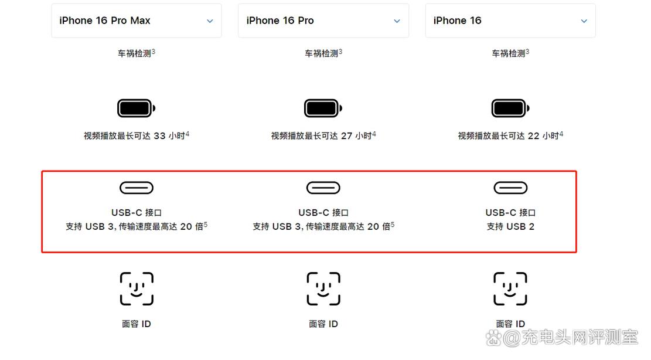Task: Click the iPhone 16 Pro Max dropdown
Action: [x=136, y=21]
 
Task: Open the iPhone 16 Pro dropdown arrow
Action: [x=397, y=21]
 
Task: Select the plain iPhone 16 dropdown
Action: [x=510, y=21]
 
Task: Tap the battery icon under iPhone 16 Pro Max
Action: [x=136, y=108]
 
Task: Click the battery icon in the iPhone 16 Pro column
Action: [x=323, y=108]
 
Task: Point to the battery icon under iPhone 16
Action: [x=510, y=108]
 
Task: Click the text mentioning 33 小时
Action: [x=136, y=136]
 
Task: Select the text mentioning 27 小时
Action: [x=323, y=136]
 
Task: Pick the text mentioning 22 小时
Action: [x=510, y=136]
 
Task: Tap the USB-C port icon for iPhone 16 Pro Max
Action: [x=137, y=188]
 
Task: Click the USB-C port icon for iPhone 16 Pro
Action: [x=323, y=188]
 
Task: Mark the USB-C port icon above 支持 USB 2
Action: [x=510, y=188]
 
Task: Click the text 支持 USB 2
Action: [x=510, y=227]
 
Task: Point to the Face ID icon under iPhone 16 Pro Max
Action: [x=137, y=288]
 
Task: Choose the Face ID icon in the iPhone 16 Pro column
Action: [x=323, y=288]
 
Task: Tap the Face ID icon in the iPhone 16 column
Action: [x=510, y=288]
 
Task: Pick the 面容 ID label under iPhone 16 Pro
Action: [x=323, y=324]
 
